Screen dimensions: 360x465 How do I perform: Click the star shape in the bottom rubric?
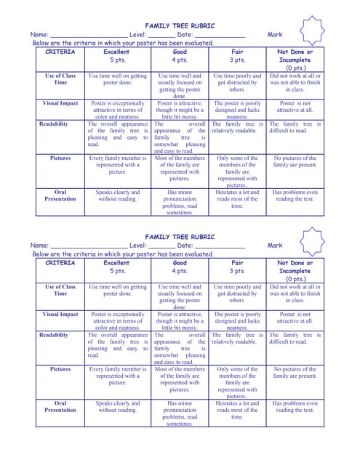[x=313, y=240]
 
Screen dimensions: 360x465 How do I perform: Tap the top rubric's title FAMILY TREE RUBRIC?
[x=180, y=25]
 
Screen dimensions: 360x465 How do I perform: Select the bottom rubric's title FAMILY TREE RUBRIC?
[x=180, y=237]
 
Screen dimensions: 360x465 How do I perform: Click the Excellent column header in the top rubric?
[x=118, y=52]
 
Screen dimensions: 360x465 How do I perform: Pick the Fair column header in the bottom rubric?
[x=238, y=263]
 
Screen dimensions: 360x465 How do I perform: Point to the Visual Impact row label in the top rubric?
[x=60, y=104]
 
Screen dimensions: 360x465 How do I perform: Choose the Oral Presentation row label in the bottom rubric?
[x=60, y=407]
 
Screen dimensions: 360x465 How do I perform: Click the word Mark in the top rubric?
[x=275, y=35]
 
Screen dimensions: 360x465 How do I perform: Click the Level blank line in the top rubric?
[x=162, y=36]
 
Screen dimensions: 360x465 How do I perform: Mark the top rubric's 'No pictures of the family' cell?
[x=295, y=161]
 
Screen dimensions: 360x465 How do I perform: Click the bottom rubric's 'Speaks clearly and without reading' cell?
[x=118, y=407]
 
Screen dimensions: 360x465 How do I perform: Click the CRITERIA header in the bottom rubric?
[x=60, y=263]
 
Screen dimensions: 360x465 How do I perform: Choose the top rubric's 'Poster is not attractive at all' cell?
[x=295, y=107]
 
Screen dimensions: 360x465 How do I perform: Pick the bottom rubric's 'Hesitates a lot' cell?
[x=238, y=411]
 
